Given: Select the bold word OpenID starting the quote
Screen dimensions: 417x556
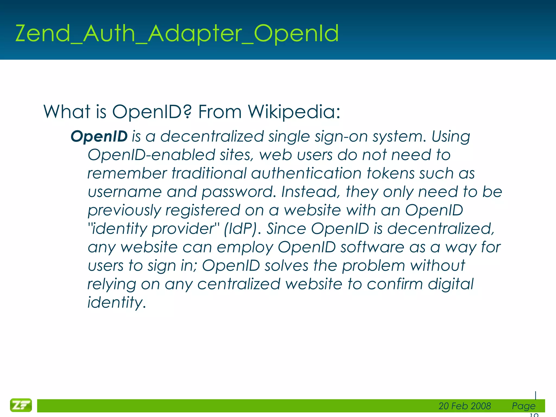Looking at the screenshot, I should pos(99,136).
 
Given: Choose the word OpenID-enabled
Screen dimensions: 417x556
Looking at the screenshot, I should pos(151,155).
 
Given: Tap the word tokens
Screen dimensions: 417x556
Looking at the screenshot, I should pos(390,173).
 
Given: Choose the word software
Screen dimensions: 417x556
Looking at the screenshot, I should pos(372,247).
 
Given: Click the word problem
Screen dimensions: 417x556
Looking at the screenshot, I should pos(373,266).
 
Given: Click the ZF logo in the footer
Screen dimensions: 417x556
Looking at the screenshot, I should pos(21,405).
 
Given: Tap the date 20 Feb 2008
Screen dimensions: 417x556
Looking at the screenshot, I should pos(465,406).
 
